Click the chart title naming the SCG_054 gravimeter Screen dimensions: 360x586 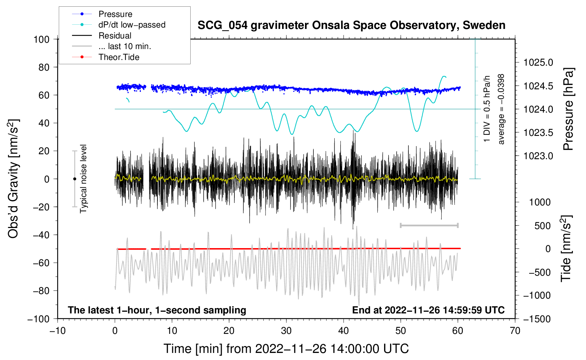[x=351, y=25]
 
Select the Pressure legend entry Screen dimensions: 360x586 [x=115, y=14]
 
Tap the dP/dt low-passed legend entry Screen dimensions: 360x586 [x=132, y=25]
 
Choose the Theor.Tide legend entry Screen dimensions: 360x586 [x=119, y=57]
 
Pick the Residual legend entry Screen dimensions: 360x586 [x=115, y=36]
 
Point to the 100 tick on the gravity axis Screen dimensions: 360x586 [x=41, y=39]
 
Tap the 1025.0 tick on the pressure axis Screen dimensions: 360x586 [x=538, y=63]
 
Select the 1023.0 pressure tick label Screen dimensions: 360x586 [x=538, y=156]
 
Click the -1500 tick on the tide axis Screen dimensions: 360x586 [x=537, y=319]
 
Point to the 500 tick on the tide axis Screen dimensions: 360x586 [x=543, y=226]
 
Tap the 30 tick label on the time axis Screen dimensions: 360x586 [x=286, y=331]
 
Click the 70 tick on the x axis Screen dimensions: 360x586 [x=515, y=331]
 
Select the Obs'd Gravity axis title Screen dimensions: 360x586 [x=13, y=179]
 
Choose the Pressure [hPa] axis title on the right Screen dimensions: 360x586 [x=568, y=109]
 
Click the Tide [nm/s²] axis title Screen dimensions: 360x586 [x=566, y=249]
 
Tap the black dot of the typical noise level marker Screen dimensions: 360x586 [x=74, y=179]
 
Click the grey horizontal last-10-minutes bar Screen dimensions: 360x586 [x=429, y=225]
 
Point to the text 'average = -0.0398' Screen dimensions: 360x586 [x=501, y=109]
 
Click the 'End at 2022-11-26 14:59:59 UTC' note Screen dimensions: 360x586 [x=428, y=310]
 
